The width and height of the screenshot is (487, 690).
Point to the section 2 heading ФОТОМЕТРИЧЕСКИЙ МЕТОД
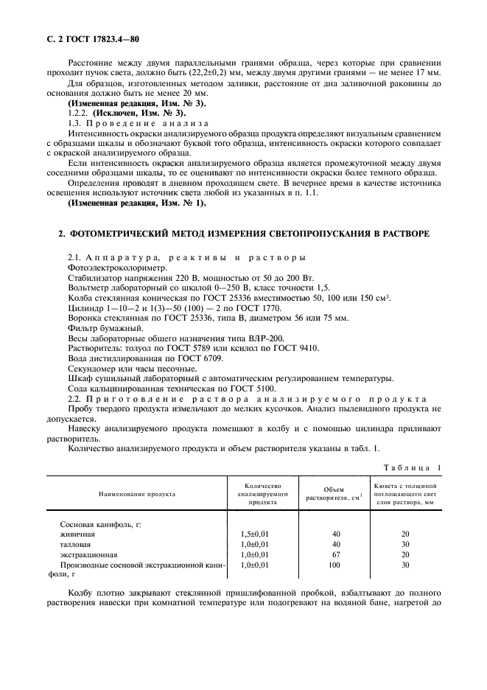tap(243, 234)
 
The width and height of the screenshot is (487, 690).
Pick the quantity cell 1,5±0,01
tap(256, 533)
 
